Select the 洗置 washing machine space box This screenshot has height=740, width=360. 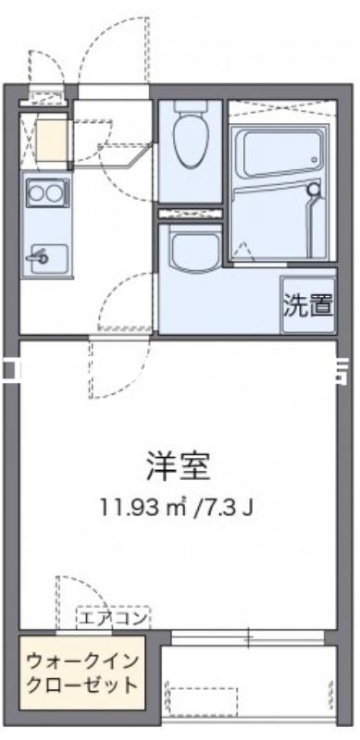click(307, 304)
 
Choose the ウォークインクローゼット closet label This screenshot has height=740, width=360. click(82, 674)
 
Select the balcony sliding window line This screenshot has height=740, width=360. click(248, 636)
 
